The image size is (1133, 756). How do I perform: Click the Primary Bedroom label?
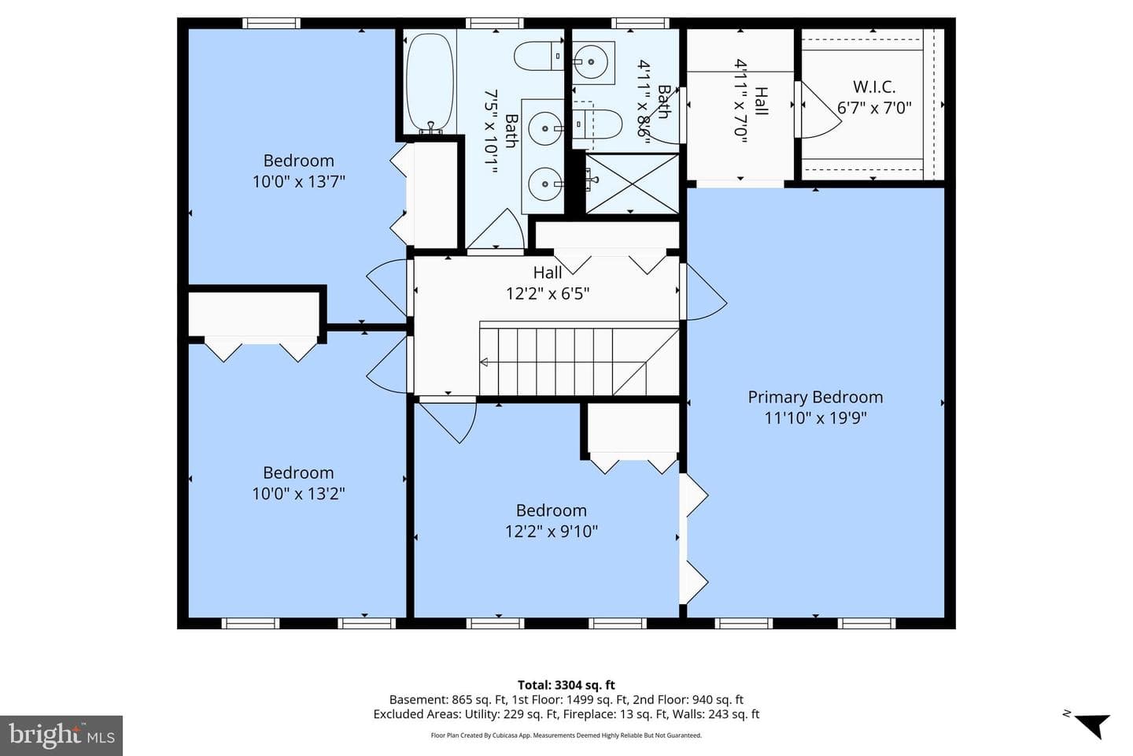coord(815,397)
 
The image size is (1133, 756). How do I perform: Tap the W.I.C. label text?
coord(874,87)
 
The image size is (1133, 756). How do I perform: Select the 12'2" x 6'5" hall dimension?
coord(548,293)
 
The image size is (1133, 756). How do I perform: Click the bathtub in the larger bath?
coord(430,83)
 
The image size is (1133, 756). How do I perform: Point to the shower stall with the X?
coord(633,183)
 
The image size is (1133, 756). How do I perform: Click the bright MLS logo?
coord(61,736)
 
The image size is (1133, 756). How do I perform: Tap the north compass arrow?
coord(1093,725)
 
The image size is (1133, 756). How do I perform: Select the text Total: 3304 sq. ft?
coord(566,685)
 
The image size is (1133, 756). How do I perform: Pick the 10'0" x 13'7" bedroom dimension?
coord(298,181)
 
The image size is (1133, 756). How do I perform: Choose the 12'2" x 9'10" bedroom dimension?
coord(552,532)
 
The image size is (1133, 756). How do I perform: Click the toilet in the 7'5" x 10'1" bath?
coord(539,56)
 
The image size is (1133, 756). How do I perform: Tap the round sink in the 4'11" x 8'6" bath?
coord(591,62)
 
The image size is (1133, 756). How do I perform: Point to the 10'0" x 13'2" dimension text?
coord(298,493)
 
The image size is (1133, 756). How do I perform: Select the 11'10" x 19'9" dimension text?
coord(815,417)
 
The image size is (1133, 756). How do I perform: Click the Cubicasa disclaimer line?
coord(566,736)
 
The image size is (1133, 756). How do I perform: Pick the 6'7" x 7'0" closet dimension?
coord(874,107)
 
